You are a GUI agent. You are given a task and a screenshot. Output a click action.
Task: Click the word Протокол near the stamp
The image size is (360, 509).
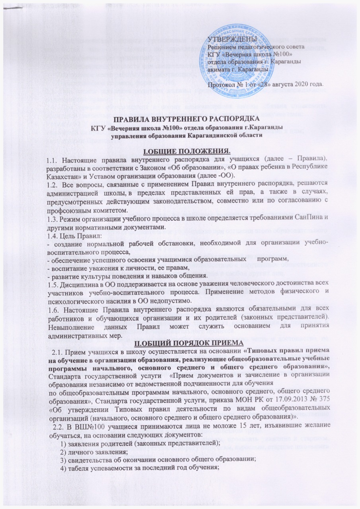pos(222,84)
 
